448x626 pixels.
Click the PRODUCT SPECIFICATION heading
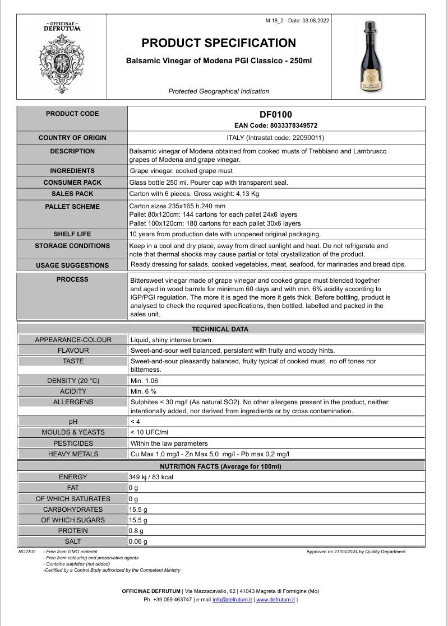point(219,43)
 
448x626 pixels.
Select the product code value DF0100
point(276,115)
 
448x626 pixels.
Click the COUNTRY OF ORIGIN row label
point(72,138)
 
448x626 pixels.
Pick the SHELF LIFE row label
point(72,234)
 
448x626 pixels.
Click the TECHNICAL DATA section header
point(220,329)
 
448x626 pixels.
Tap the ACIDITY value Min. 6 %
point(144,391)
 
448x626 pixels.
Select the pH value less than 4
point(135,422)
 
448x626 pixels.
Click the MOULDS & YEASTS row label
point(73,432)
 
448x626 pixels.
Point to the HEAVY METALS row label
point(73,454)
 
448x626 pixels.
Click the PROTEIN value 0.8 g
point(136,531)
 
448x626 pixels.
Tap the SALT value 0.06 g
point(138,541)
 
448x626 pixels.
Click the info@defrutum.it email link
point(232,600)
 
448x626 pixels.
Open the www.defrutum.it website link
point(275,600)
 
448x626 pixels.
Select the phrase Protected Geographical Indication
point(219,91)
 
